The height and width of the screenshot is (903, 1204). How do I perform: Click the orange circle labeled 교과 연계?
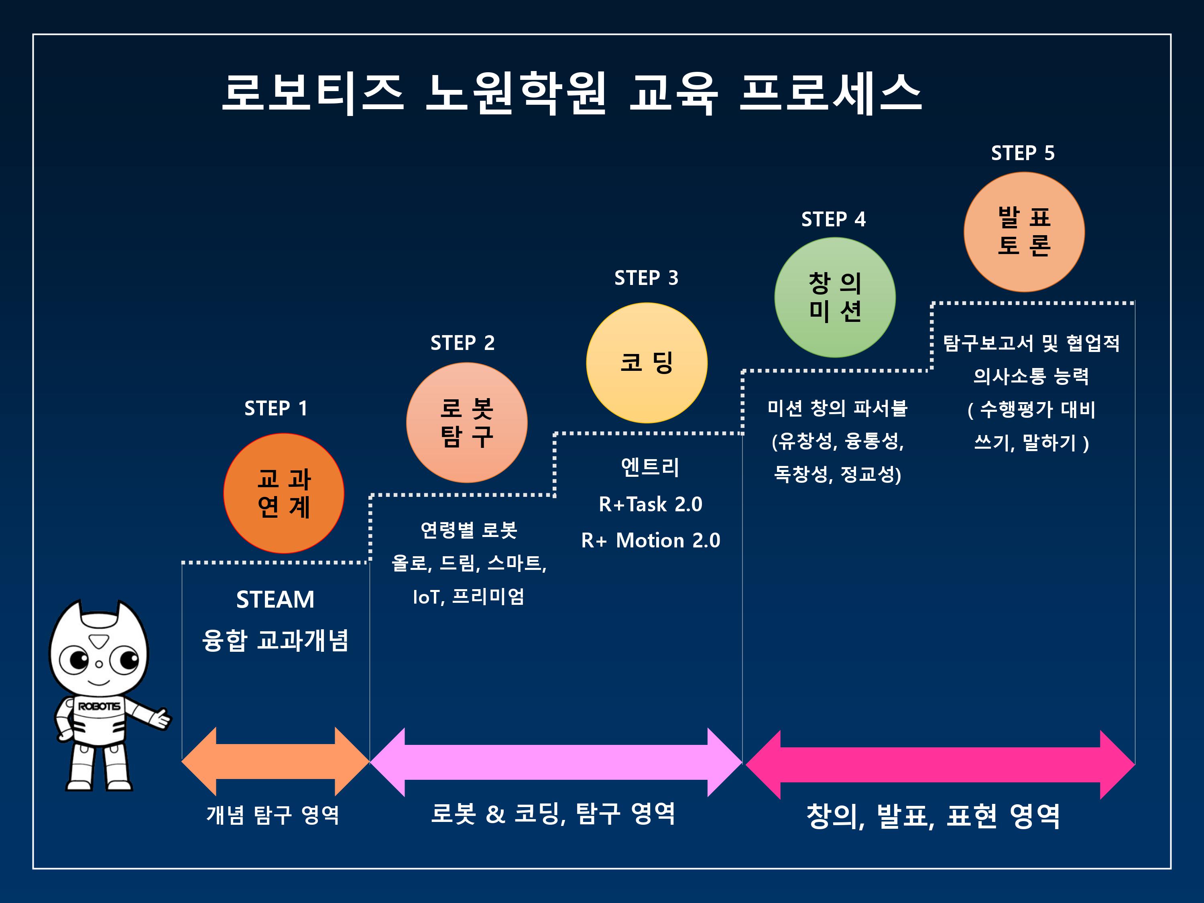pyautogui.click(x=284, y=493)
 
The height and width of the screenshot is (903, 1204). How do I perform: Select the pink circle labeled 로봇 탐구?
pyautogui.click(x=466, y=422)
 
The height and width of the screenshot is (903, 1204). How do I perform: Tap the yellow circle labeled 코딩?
pyautogui.click(x=647, y=362)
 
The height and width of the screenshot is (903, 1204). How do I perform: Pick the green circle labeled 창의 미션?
pyautogui.click(x=835, y=297)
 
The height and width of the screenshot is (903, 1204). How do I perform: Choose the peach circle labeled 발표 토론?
pyautogui.click(x=1024, y=232)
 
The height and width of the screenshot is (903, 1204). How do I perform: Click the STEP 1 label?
pyautogui.click(x=276, y=408)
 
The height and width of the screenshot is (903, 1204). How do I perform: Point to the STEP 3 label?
pyautogui.click(x=646, y=278)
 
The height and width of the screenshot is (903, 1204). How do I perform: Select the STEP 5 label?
pyautogui.click(x=1023, y=153)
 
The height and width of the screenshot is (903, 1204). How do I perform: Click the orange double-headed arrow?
pyautogui.click(x=275, y=761)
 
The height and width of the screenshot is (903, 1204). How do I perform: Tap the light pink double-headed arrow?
pyautogui.click(x=556, y=762)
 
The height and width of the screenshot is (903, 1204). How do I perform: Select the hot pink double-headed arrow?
pyautogui.click(x=940, y=765)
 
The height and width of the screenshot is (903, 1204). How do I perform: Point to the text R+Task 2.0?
pyautogui.click(x=651, y=504)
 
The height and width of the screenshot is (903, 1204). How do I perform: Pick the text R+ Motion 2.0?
pyautogui.click(x=651, y=541)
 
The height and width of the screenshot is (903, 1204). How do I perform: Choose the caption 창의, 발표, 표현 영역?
pyautogui.click(x=933, y=816)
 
